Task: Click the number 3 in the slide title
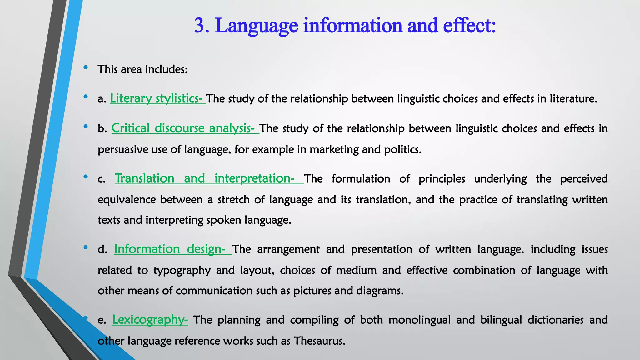point(200,26)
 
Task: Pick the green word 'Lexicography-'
point(150,320)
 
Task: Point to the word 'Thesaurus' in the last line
point(319,341)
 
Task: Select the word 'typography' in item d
point(182,270)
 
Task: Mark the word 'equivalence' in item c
point(127,200)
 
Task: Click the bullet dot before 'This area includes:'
point(86,67)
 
